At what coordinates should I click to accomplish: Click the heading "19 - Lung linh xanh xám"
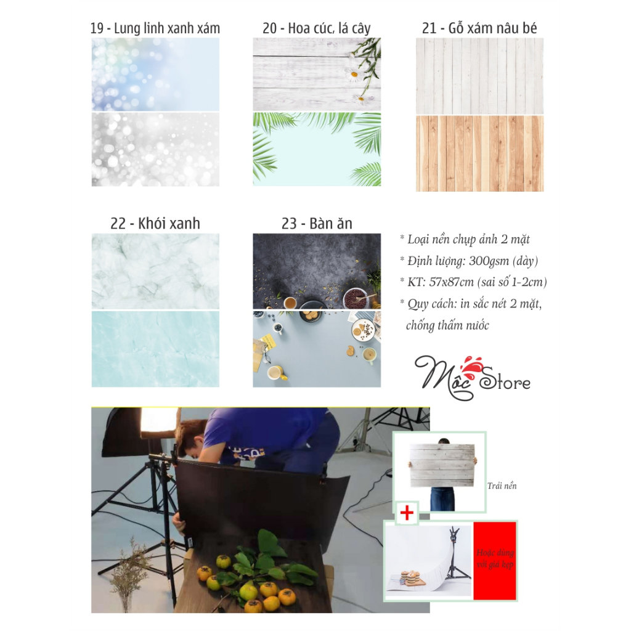click(x=155, y=28)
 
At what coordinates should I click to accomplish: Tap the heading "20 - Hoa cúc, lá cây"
click(x=317, y=28)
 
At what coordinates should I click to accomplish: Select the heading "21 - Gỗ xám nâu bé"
click(x=479, y=28)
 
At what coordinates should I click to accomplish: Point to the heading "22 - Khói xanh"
click(x=155, y=223)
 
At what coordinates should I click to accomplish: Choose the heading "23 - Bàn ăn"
click(x=317, y=223)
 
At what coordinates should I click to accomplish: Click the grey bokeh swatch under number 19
click(x=155, y=149)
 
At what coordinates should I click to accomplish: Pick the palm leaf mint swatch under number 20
click(x=317, y=149)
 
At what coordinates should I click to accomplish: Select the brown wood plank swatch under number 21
click(x=479, y=153)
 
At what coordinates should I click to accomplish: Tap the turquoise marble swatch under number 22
click(x=155, y=349)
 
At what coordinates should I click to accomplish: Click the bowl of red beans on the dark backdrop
click(x=355, y=298)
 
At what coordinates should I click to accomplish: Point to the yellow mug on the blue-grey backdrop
click(x=277, y=373)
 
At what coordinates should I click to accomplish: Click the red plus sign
click(x=407, y=513)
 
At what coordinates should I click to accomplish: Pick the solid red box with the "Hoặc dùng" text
click(x=495, y=561)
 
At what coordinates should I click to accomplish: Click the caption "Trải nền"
click(x=502, y=486)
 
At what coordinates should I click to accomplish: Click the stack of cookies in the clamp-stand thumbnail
click(x=411, y=576)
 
